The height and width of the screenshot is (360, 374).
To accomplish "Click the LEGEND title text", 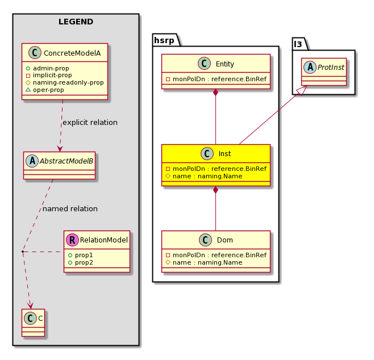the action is pyautogui.click(x=76, y=22).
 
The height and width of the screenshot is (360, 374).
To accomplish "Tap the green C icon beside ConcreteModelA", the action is pyautogui.click(x=35, y=53).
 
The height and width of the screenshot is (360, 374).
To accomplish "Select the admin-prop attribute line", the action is pyautogui.click(x=48, y=68).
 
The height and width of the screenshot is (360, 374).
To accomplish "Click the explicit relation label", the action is pyautogui.click(x=90, y=123).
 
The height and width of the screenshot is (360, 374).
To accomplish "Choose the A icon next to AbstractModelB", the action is pyautogui.click(x=32, y=161).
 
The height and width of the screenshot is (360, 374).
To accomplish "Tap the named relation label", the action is pyautogui.click(x=70, y=209).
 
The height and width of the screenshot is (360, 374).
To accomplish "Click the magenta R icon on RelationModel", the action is pyautogui.click(x=72, y=240).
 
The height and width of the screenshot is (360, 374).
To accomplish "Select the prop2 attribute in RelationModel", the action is pyautogui.click(x=81, y=262).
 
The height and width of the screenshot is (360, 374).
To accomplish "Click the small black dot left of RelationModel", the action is pyautogui.click(x=22, y=252).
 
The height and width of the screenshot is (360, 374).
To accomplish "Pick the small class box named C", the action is pyautogui.click(x=33, y=323).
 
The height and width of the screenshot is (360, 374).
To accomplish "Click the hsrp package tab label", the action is pyautogui.click(x=164, y=40).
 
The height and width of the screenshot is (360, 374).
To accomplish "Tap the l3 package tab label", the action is pyautogui.click(x=298, y=44).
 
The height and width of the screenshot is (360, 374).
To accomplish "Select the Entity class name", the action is pyautogui.click(x=225, y=64).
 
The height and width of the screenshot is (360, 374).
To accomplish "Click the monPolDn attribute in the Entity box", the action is pyautogui.click(x=216, y=79).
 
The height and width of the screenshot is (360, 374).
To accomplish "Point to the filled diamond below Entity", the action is pyautogui.click(x=215, y=92).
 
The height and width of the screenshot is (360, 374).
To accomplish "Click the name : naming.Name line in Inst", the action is pyautogui.click(x=204, y=176).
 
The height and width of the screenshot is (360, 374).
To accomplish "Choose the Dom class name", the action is pyautogui.click(x=225, y=240).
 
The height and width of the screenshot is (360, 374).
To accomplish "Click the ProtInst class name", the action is pyautogui.click(x=331, y=68).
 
